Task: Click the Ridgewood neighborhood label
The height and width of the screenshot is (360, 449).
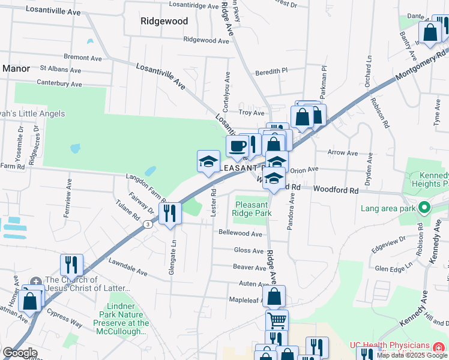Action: point(164,21)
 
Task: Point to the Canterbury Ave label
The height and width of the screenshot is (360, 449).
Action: point(59,83)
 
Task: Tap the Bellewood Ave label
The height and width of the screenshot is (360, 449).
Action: point(241,233)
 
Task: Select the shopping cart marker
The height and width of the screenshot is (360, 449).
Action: point(277,320)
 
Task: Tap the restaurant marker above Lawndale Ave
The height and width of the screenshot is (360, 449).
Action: point(71,264)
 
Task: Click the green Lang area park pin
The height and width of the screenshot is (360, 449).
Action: point(424,208)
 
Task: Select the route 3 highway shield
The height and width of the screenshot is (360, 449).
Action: point(147,224)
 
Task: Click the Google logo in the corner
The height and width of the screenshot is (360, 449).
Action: point(20,353)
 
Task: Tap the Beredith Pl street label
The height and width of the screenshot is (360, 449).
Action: point(271,71)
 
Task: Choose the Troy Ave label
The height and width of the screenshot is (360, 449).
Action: point(252,113)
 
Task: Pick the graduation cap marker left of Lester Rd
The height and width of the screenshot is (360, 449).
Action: point(208,161)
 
